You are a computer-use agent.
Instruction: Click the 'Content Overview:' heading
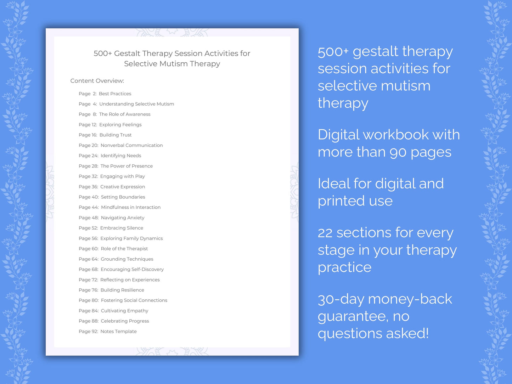point(97,81)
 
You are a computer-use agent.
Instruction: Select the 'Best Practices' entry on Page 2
point(115,94)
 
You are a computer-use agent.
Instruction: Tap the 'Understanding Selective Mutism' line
point(136,104)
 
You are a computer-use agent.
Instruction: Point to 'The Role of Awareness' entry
point(125,114)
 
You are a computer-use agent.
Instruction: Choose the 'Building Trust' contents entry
point(116,135)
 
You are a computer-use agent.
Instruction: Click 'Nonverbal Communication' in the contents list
point(131,145)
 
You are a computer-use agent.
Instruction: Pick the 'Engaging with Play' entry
point(123,176)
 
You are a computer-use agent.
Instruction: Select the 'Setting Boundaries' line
point(123,197)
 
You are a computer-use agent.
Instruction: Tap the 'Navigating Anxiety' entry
point(123,218)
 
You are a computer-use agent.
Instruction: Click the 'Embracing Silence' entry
point(122,228)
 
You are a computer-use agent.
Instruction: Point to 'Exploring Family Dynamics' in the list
point(131,238)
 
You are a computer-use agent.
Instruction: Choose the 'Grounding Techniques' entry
point(127,259)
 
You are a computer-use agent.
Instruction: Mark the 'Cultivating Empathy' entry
point(124,311)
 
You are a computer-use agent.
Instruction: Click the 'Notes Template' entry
point(118,331)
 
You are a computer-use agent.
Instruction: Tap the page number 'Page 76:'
point(88,290)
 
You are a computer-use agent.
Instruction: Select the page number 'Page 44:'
point(89,207)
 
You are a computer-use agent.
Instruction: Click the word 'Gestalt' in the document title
point(127,53)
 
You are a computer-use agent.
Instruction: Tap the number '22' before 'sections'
point(325,233)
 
